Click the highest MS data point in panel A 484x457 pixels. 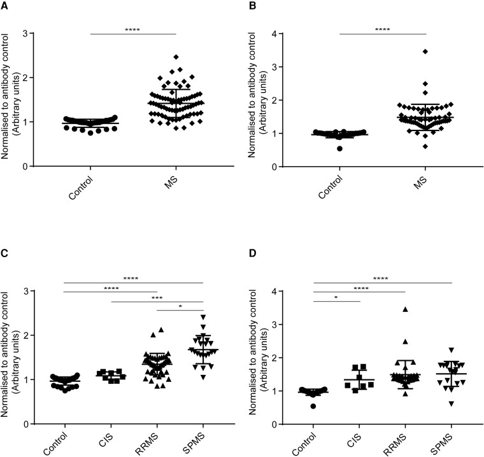[x=159, y=57]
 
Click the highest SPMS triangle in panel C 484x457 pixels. [x=203, y=316]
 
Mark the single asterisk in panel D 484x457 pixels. [x=336, y=296]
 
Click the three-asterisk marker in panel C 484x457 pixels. [x=157, y=296]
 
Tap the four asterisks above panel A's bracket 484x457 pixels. [x=132, y=29]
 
